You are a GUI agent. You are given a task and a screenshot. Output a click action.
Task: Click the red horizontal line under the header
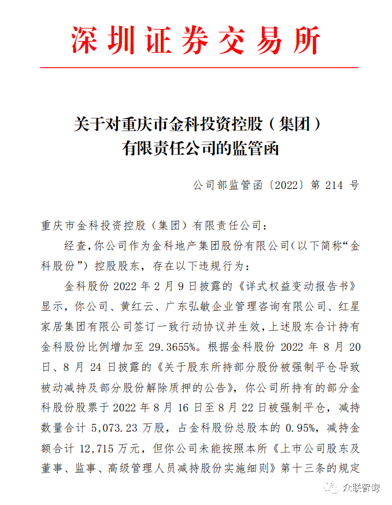click(195, 68)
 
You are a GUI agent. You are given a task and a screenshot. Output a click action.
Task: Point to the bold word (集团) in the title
click(296, 123)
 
